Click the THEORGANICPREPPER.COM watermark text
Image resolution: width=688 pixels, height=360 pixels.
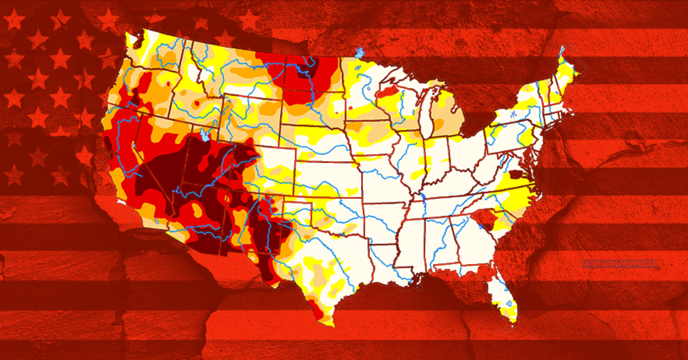pos(619,265)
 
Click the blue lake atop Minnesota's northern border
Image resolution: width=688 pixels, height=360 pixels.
pos(360,53)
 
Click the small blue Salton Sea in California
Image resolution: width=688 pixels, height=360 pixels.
pos(157,221)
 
